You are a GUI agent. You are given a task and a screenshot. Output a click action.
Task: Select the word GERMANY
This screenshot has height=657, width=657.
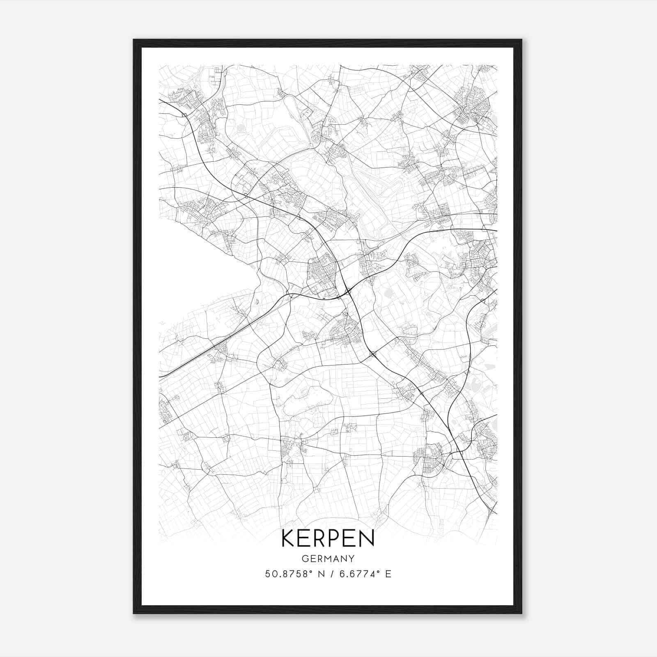pyautogui.click(x=328, y=559)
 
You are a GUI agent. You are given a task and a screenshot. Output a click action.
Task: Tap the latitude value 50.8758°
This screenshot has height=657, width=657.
pyautogui.click(x=291, y=574)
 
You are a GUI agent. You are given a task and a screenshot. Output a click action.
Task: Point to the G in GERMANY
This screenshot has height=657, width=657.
pyautogui.click(x=304, y=559)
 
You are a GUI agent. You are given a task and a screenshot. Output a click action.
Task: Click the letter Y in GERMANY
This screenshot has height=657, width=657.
pyautogui.click(x=351, y=559)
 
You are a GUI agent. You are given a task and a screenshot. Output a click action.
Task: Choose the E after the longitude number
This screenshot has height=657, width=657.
pyautogui.click(x=388, y=574)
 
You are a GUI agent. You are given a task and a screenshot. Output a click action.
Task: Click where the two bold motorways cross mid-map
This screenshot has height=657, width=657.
pyautogui.click(x=348, y=291)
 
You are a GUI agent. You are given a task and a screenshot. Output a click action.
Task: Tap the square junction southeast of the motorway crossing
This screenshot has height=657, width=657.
pyautogui.click(x=373, y=354)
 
